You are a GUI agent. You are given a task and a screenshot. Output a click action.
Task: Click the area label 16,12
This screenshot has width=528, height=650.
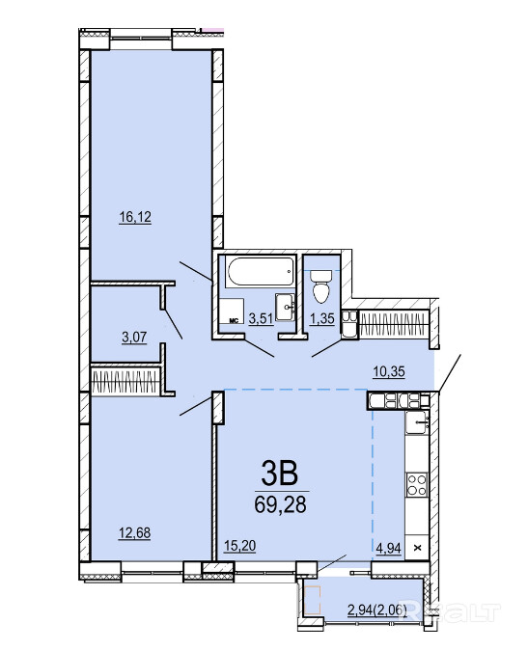pyautogui.click(x=135, y=217)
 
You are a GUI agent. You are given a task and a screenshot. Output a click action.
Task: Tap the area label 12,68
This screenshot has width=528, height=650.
pyautogui.click(x=135, y=532)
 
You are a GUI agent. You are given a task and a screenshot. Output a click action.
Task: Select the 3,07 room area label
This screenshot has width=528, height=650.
pyautogui.click(x=134, y=337)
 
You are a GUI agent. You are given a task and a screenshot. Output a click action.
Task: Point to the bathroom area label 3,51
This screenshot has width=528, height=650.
pyautogui.click(x=261, y=318)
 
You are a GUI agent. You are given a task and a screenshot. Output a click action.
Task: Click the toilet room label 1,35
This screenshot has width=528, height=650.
pyautogui.click(x=322, y=318)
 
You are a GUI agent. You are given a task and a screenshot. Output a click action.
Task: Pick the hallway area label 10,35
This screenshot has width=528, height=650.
pyautogui.click(x=389, y=371)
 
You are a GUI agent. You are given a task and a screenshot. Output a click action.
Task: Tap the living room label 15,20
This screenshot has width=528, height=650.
pyautogui.click(x=239, y=546)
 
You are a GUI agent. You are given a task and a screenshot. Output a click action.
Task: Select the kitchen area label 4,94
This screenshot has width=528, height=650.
pyautogui.click(x=389, y=548)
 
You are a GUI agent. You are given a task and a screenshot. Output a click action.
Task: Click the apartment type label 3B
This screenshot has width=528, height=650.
pyautogui.click(x=280, y=474)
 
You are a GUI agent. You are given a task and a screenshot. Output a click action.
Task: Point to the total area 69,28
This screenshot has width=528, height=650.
pyautogui.click(x=280, y=504)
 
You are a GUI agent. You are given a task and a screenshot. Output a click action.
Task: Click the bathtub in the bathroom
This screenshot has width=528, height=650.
pyautogui.click(x=261, y=272)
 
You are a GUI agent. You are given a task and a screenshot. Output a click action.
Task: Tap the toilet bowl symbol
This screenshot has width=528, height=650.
pyautogui.click(x=321, y=286)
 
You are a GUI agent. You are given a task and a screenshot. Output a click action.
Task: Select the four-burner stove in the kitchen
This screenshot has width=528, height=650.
pyautogui.click(x=417, y=484)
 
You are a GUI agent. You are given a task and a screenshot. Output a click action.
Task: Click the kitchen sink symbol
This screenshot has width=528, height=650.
pyautogui.click(x=417, y=422)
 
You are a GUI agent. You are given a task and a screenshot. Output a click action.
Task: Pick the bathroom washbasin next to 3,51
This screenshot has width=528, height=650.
pyautogui.click(x=286, y=308)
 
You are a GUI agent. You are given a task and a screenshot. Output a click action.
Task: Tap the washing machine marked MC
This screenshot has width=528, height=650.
pyautogui.click(x=231, y=311)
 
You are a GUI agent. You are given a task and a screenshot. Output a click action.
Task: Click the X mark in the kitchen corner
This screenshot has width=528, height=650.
pyautogui.click(x=418, y=548)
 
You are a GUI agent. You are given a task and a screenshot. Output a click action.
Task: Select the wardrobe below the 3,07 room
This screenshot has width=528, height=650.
pyautogui.click(x=126, y=381)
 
